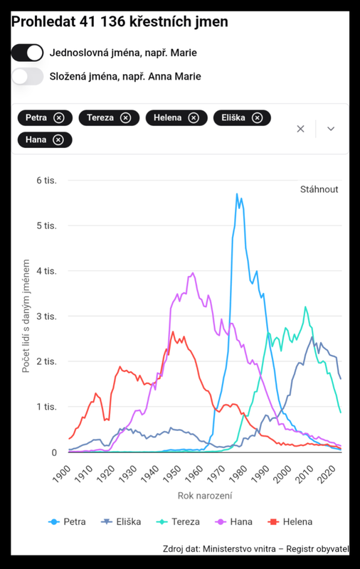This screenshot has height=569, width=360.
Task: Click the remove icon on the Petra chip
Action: pyautogui.click(x=59, y=118)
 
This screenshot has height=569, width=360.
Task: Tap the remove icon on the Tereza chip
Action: pyautogui.click(x=125, y=118)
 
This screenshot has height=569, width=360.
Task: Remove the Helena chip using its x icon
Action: pyautogui.click(x=194, y=118)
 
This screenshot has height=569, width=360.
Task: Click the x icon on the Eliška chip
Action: pyautogui.click(x=258, y=118)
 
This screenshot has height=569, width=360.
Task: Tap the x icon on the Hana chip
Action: pyautogui.click(x=58, y=139)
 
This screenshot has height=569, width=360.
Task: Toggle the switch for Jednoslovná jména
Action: pyautogui.click(x=27, y=53)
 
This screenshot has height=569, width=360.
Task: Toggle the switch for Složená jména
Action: pyautogui.click(x=27, y=77)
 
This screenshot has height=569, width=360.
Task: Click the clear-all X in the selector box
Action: pyautogui.click(x=300, y=129)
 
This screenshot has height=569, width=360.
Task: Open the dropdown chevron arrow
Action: pyautogui.click(x=331, y=129)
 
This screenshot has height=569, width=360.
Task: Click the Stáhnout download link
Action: pyautogui.click(x=319, y=189)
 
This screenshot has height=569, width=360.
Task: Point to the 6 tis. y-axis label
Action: pyautogui.click(x=46, y=181)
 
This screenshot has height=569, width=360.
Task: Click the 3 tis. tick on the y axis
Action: pyautogui.click(x=46, y=316)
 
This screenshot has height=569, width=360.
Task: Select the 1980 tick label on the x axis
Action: pyautogui.click(x=238, y=474)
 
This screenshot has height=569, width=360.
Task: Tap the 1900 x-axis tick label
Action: pyautogui.click(x=61, y=474)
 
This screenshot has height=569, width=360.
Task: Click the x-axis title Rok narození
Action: pyautogui.click(x=205, y=496)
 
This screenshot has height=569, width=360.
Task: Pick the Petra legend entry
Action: pyautogui.click(x=67, y=522)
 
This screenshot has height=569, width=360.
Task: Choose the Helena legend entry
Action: pyautogui.click(x=290, y=522)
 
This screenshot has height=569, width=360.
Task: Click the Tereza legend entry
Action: pyautogui.click(x=178, y=522)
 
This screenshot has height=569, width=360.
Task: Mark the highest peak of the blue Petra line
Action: pyautogui.click(x=237, y=193)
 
